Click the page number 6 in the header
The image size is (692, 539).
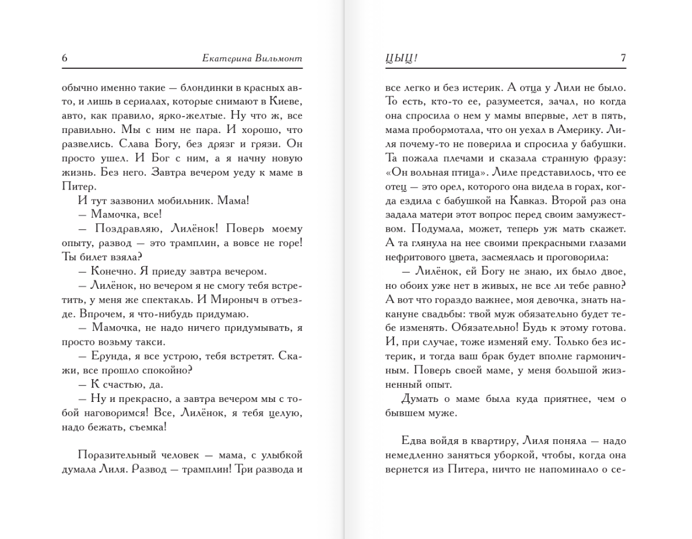(x=65, y=58)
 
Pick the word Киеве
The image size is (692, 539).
(x=288, y=102)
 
